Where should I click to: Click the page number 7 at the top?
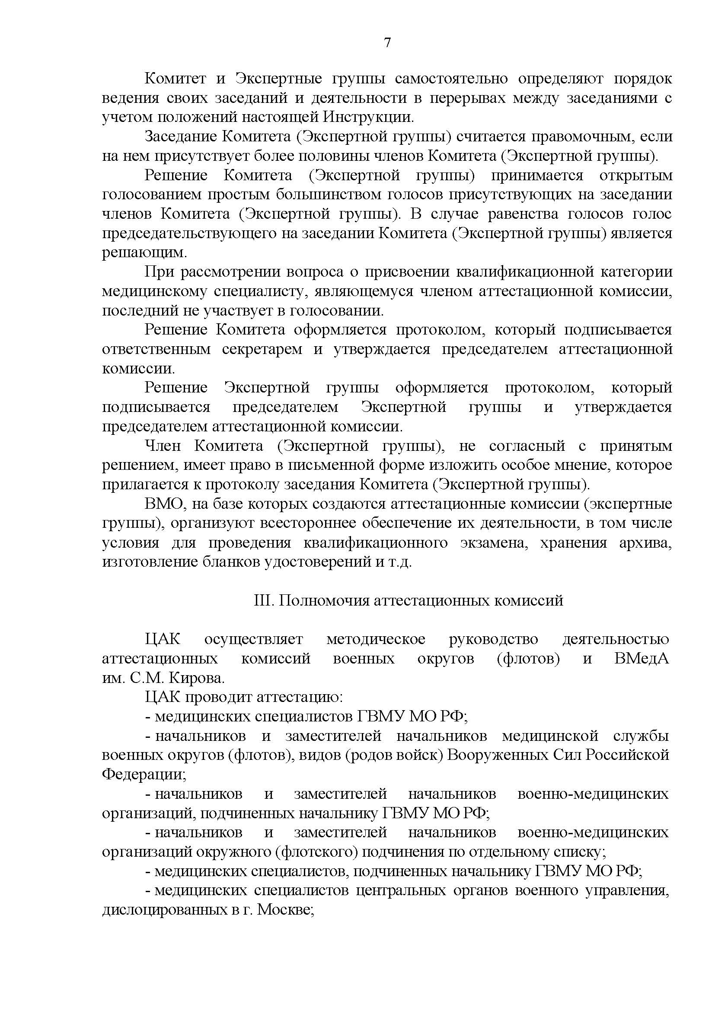pos(387,43)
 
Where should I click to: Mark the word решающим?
pos(144,253)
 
